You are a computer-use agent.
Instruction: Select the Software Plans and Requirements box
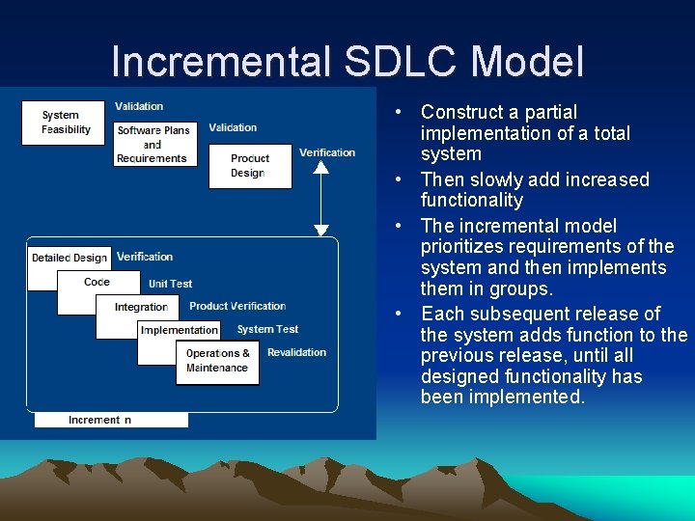(153, 144)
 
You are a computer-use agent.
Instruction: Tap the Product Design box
(249, 166)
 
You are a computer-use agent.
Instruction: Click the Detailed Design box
(69, 259)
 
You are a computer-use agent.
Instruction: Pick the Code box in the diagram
(97, 283)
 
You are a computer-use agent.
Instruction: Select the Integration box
(141, 307)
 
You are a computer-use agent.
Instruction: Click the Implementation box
(180, 330)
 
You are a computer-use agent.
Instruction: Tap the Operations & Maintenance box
(217, 361)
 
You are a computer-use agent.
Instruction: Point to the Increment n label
(100, 420)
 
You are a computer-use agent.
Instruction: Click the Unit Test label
(171, 284)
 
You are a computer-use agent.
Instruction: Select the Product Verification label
(237, 306)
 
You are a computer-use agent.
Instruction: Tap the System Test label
(267, 329)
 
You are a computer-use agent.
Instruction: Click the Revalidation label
(296, 352)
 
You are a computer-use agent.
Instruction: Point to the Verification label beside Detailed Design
(145, 257)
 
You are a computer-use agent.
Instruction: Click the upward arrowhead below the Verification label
(321, 166)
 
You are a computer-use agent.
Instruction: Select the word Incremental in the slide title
(221, 62)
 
